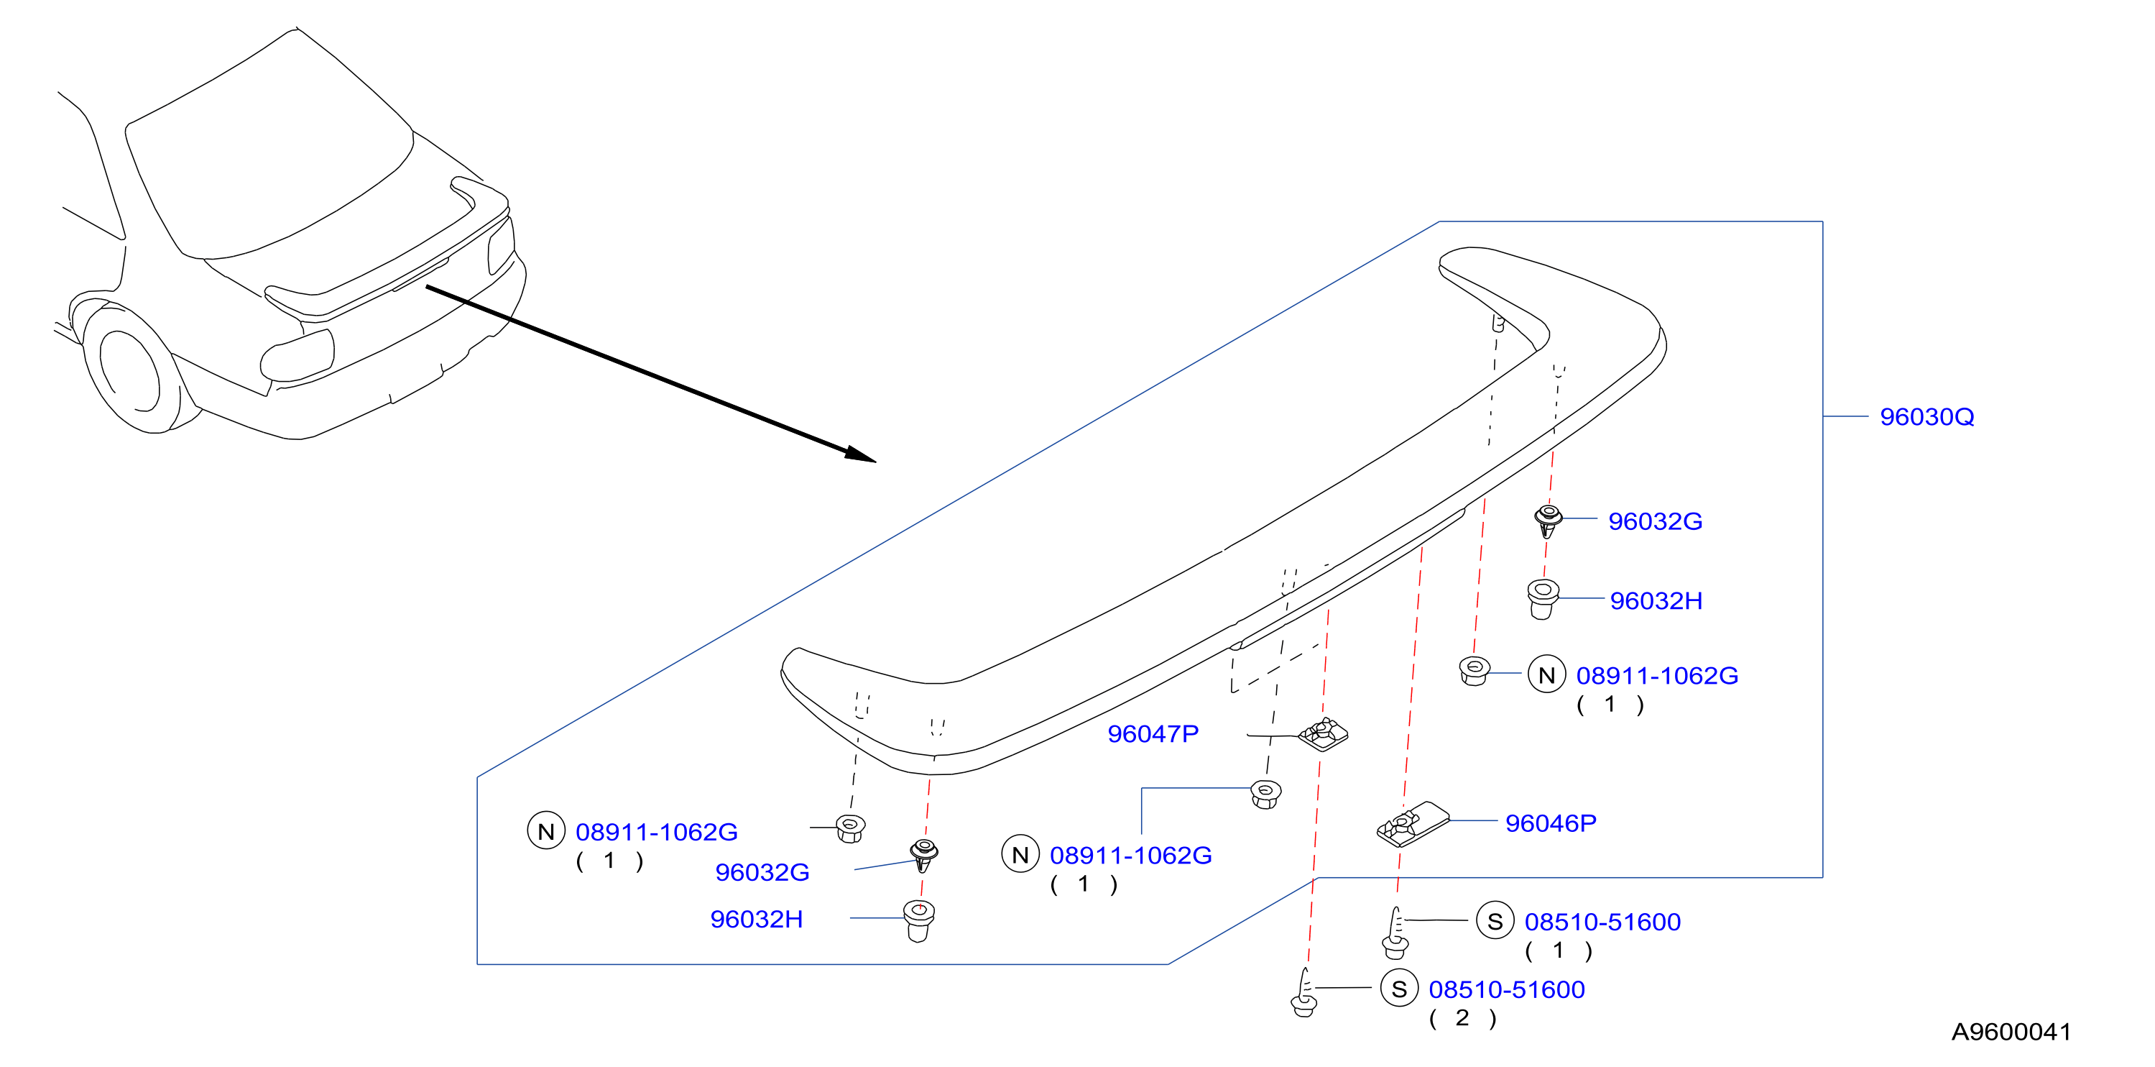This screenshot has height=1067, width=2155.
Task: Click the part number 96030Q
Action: click(x=1926, y=417)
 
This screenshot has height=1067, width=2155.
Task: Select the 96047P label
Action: click(x=1153, y=734)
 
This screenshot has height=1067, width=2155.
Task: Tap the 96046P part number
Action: click(x=1550, y=823)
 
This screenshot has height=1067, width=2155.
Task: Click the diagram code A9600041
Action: click(x=2011, y=1032)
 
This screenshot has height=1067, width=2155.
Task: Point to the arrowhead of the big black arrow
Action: click(x=862, y=454)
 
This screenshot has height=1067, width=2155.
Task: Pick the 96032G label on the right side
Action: click(x=1655, y=521)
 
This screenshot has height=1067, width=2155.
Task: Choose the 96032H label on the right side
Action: click(x=1656, y=601)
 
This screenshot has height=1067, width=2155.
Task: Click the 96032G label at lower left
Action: click(x=762, y=872)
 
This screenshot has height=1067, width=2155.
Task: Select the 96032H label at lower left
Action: click(x=756, y=919)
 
